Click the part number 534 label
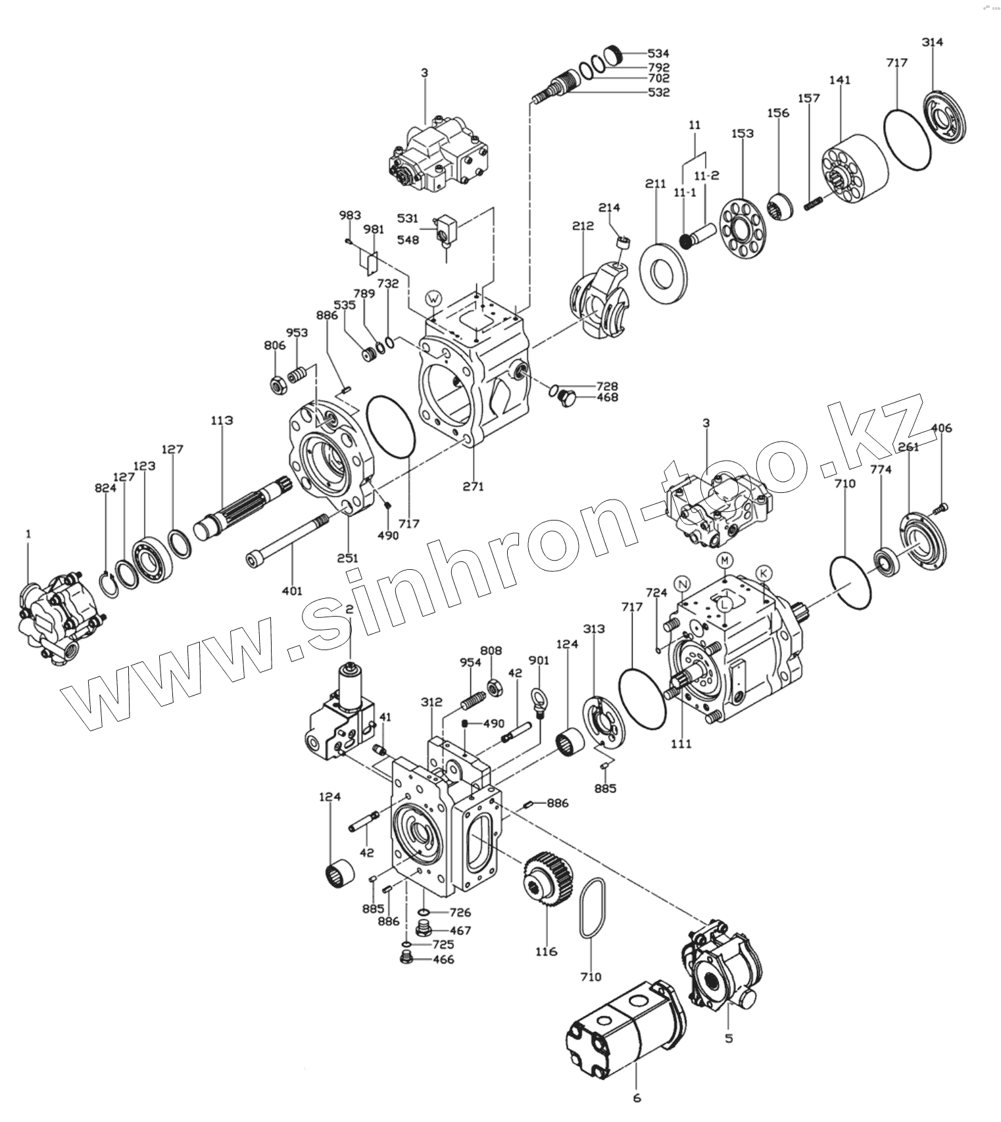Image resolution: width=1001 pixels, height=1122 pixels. (658, 53)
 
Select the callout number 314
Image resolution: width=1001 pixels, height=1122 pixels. (932, 42)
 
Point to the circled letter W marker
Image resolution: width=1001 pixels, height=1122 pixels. (433, 298)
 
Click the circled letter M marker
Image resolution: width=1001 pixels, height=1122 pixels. (724, 560)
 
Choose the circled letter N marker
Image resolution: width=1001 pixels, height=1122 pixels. (683, 583)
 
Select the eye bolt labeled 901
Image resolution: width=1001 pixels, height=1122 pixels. (539, 700)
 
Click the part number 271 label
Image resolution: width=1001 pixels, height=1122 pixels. (473, 486)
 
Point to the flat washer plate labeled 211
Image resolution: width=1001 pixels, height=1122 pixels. (662, 272)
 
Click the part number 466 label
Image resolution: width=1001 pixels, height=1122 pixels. (443, 959)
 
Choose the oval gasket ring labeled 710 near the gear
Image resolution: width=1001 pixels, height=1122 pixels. (591, 909)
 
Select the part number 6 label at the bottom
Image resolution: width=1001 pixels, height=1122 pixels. (636, 1097)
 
